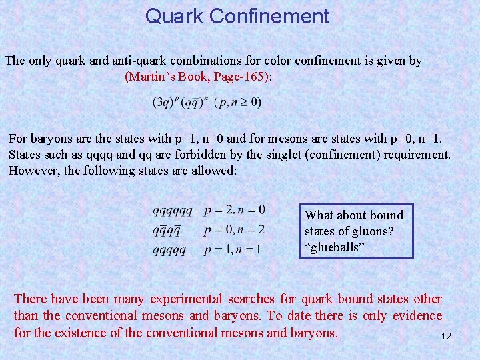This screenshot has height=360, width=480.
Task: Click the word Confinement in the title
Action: tap(269, 16)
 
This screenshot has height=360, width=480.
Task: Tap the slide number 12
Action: tap(446, 337)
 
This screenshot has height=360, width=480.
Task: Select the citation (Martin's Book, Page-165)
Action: tap(198, 77)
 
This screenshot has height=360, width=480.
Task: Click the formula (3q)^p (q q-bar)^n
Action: tap(180, 102)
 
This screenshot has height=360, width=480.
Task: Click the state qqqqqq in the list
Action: tap(172, 211)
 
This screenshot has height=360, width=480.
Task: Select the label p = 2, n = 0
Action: tap(234, 210)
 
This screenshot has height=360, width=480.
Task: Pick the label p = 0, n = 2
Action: tap(234, 230)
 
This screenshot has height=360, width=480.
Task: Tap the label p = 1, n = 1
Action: tap(233, 249)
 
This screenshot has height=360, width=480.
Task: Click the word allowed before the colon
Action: tap(214, 170)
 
